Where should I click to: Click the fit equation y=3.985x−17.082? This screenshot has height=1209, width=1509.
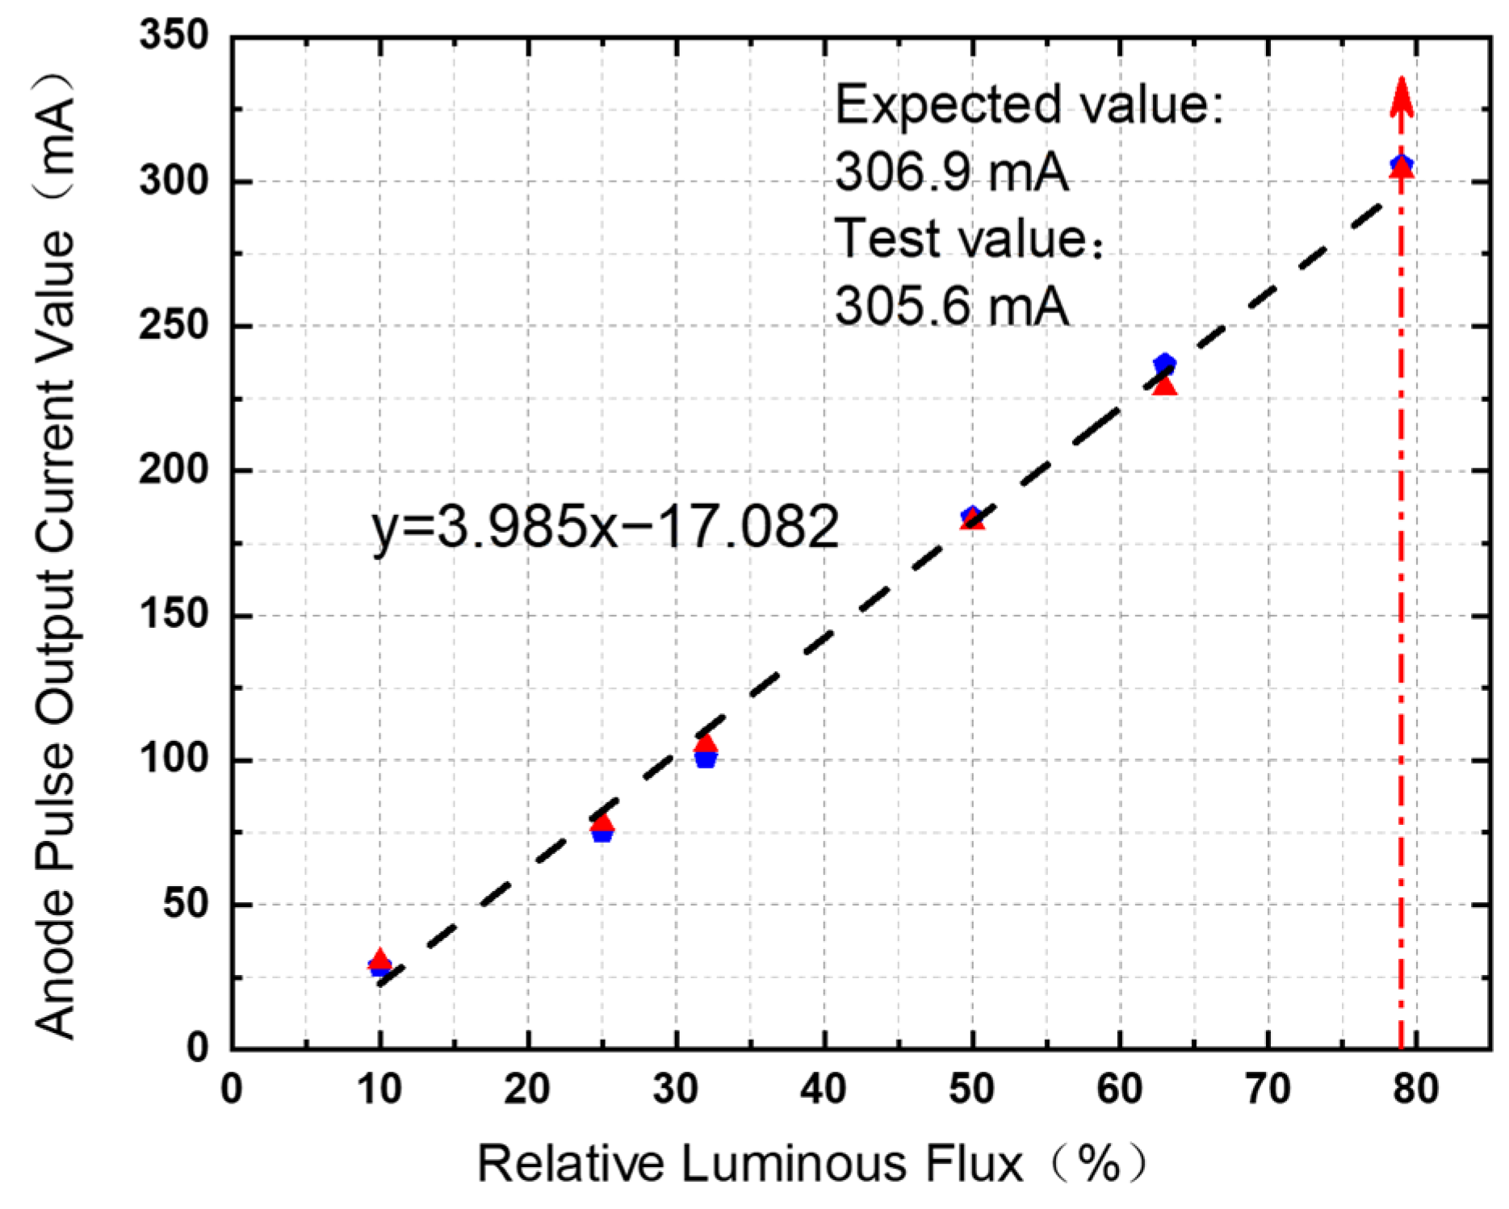pyautogui.click(x=606, y=527)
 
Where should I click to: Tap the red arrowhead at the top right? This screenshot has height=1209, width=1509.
pyautogui.click(x=1402, y=97)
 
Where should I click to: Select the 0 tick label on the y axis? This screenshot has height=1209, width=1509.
pyautogui.click(x=197, y=1048)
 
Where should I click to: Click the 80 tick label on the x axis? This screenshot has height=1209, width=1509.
pyautogui.click(x=1416, y=1090)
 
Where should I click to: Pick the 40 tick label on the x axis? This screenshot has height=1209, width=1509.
pyautogui.click(x=824, y=1090)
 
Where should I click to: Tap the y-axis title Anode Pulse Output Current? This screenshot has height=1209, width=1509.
pyautogui.click(x=57, y=557)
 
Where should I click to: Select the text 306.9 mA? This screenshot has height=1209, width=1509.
pyautogui.click(x=951, y=172)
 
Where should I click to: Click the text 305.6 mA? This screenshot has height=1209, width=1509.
pyautogui.click(x=951, y=307)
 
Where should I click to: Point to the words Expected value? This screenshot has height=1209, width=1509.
pyautogui.click(x=1029, y=105)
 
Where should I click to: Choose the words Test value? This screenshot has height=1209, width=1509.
pyautogui.click(x=961, y=239)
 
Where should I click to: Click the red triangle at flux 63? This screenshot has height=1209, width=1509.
pyautogui.click(x=1164, y=387)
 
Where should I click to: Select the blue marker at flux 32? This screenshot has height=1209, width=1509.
pyautogui.click(x=706, y=759)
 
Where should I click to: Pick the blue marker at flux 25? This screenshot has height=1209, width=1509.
pyautogui.click(x=602, y=834)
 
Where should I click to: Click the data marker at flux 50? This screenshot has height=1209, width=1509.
pyautogui.click(x=972, y=517)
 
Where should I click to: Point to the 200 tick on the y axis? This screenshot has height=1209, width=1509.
pyautogui.click(x=174, y=471)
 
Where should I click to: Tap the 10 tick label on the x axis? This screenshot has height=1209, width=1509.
pyautogui.click(x=379, y=1090)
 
